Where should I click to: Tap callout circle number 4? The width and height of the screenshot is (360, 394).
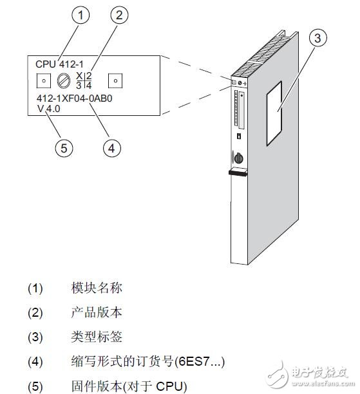pyautogui.click(x=112, y=147)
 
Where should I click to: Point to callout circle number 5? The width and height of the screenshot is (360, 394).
pyautogui.click(x=63, y=147)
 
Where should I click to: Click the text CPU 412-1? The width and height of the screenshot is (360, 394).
pyautogui.click(x=55, y=64)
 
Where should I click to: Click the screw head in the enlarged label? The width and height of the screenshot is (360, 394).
pyautogui.click(x=64, y=80)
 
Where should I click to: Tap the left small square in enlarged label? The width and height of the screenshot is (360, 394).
pyautogui.click(x=42, y=81)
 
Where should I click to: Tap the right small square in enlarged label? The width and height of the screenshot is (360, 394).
pyautogui.click(x=115, y=81)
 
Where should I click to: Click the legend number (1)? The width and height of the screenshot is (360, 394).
pyautogui.click(x=35, y=288)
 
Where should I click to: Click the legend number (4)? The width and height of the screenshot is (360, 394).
pyautogui.click(x=35, y=362)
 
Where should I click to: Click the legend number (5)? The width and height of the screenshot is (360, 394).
pyautogui.click(x=35, y=386)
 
